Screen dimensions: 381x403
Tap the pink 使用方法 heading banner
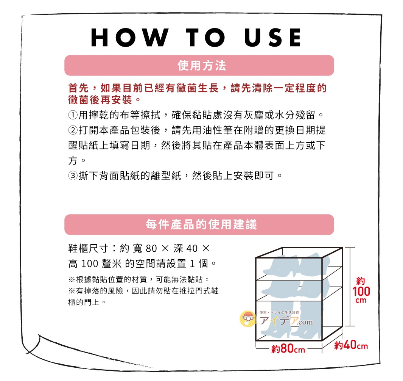[x=199, y=66]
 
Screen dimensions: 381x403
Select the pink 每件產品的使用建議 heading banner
[x=199, y=224]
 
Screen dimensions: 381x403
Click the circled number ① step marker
[x=72, y=114]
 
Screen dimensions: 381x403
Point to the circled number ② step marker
[x=72, y=130]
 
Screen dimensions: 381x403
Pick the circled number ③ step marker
[x=72, y=176]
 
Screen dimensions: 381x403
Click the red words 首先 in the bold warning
[x=78, y=88]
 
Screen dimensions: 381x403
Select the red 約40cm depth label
[x=351, y=346]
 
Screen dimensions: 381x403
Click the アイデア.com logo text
[x=286, y=321]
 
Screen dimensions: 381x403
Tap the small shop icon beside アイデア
[x=248, y=319]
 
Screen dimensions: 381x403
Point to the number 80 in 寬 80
[x=151, y=249]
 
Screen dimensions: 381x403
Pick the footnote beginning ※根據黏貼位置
[x=138, y=280]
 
